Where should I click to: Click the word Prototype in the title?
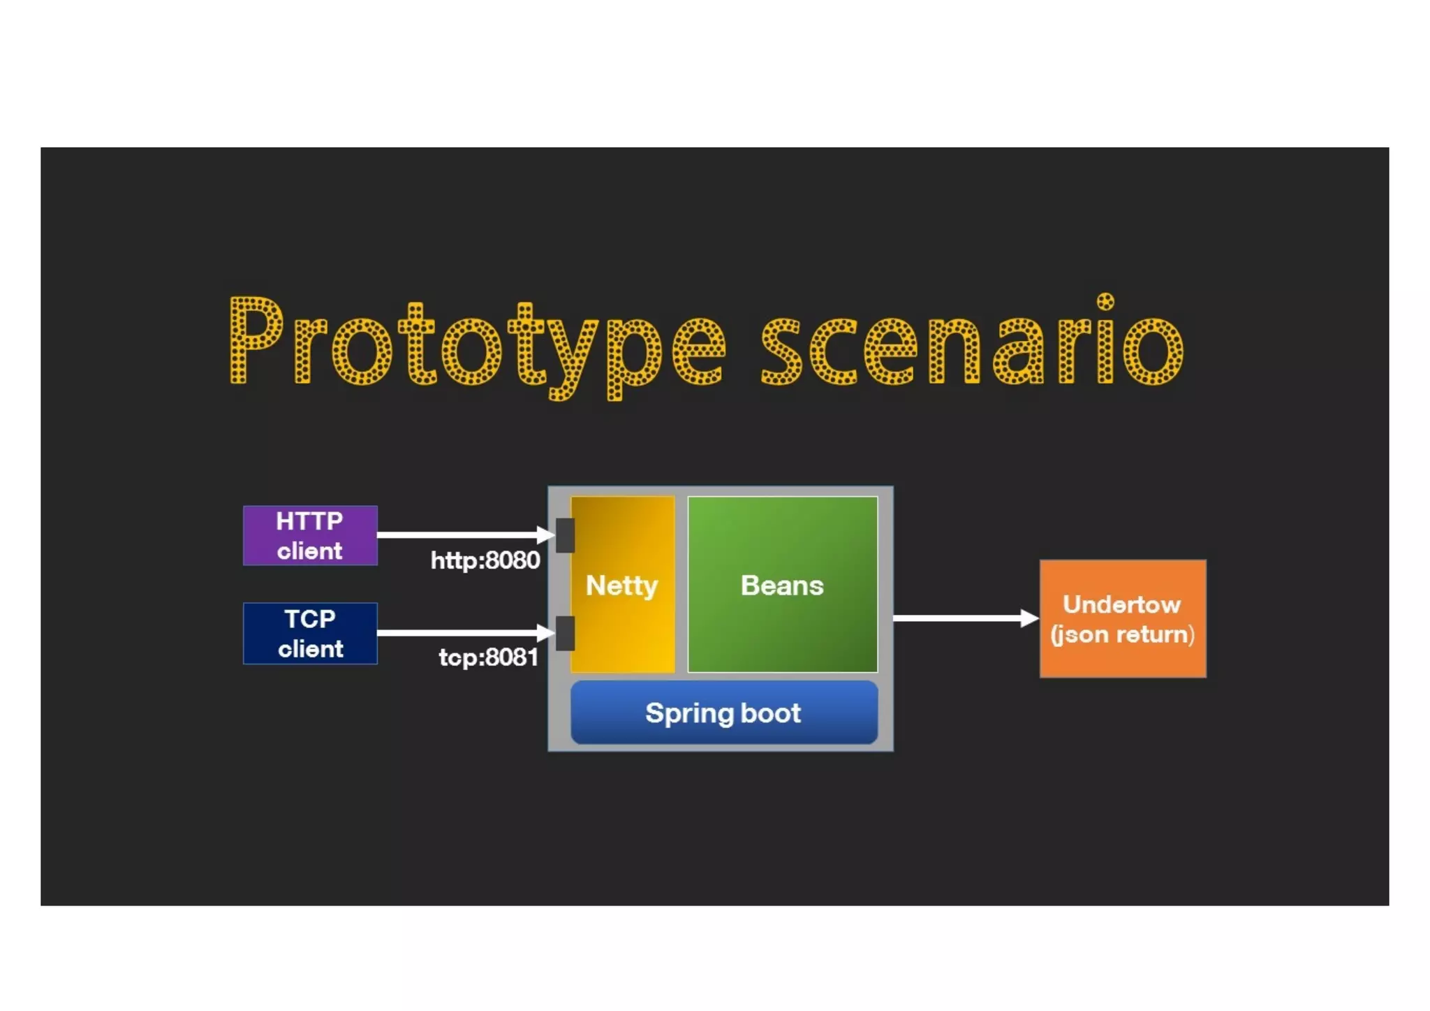coord(447,346)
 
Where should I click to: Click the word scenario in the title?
coord(971,346)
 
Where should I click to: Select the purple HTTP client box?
coord(310,535)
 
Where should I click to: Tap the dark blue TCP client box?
coord(310,633)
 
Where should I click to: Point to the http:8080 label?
coord(485,560)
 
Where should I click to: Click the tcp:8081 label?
coord(488,657)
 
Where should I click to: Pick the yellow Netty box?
coord(623,629)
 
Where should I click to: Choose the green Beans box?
coord(782,629)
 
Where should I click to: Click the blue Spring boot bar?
coord(723,713)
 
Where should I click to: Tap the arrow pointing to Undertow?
coord(957,618)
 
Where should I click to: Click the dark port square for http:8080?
coord(566,535)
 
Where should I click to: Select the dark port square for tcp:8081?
coord(566,633)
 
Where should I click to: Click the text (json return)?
coord(1122,634)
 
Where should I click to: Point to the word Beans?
coord(782,585)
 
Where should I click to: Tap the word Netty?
coord(621,585)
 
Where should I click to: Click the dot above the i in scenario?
coord(1105,302)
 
